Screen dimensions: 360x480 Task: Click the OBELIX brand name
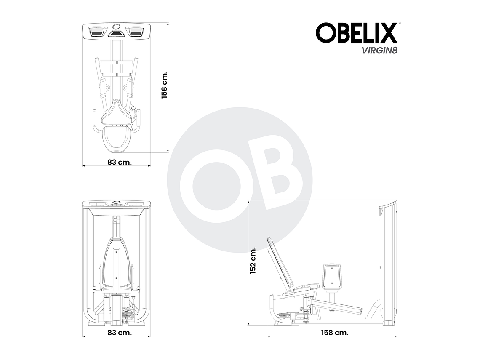[356, 33]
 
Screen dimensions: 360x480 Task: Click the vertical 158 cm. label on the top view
[165, 84]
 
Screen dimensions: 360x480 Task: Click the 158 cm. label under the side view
[334, 332]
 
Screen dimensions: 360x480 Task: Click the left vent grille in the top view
[98, 32]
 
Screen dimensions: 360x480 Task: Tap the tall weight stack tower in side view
[388, 265]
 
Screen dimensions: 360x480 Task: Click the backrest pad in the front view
[117, 265]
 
